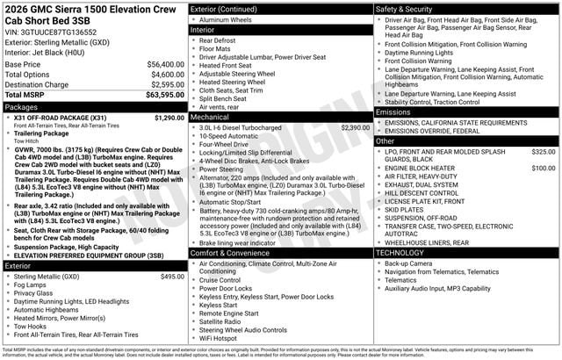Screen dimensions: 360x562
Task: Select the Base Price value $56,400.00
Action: (166, 64)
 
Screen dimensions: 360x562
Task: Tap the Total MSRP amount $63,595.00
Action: (164, 95)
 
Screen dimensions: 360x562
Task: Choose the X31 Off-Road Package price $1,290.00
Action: (169, 117)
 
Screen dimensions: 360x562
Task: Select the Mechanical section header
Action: (210, 117)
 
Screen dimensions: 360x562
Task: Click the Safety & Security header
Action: (408, 9)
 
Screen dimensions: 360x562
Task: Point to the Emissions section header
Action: (393, 112)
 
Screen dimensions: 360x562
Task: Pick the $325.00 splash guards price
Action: (544, 152)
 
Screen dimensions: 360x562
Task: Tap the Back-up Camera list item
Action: (408, 263)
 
